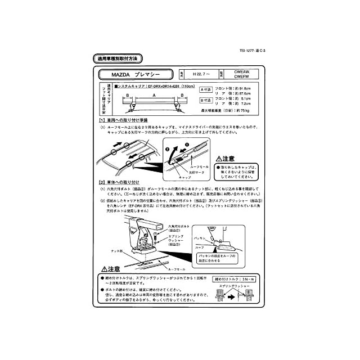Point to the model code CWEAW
pos(250,71)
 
